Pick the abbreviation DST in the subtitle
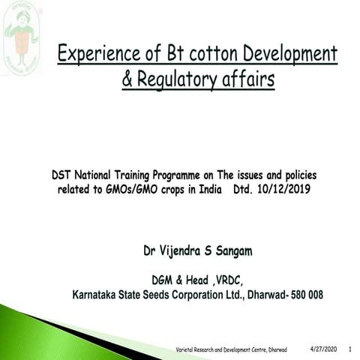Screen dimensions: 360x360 point(61,175)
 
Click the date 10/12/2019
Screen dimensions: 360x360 point(284,190)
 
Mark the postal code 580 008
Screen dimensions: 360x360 point(305,295)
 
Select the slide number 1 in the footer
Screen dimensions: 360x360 point(350,350)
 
